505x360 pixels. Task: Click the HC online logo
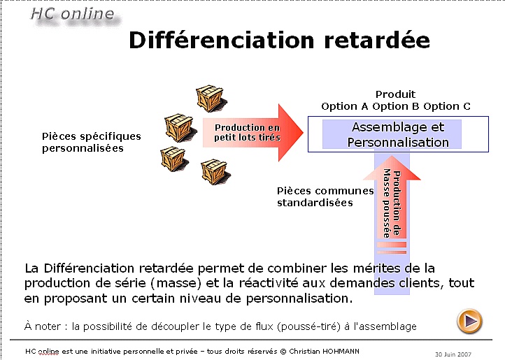tap(73, 15)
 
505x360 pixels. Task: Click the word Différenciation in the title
tap(221, 41)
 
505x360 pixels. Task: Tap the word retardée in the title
tap(377, 41)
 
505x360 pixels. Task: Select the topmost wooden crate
tap(211, 98)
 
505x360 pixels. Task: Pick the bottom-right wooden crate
tap(215, 172)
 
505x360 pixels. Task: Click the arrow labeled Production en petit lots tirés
tap(252, 132)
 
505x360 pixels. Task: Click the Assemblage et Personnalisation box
tap(398, 134)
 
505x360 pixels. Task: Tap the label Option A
tap(344, 106)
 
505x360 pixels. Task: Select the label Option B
tap(395, 106)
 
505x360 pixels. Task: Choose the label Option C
tap(447, 106)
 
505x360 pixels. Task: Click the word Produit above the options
tap(395, 94)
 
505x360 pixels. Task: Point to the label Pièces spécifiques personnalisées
tap(92, 142)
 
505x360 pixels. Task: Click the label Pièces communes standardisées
tap(325, 196)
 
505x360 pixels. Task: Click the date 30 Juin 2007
tap(453, 354)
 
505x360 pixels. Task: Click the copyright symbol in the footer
tap(283, 352)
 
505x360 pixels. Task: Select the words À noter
tap(42, 326)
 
